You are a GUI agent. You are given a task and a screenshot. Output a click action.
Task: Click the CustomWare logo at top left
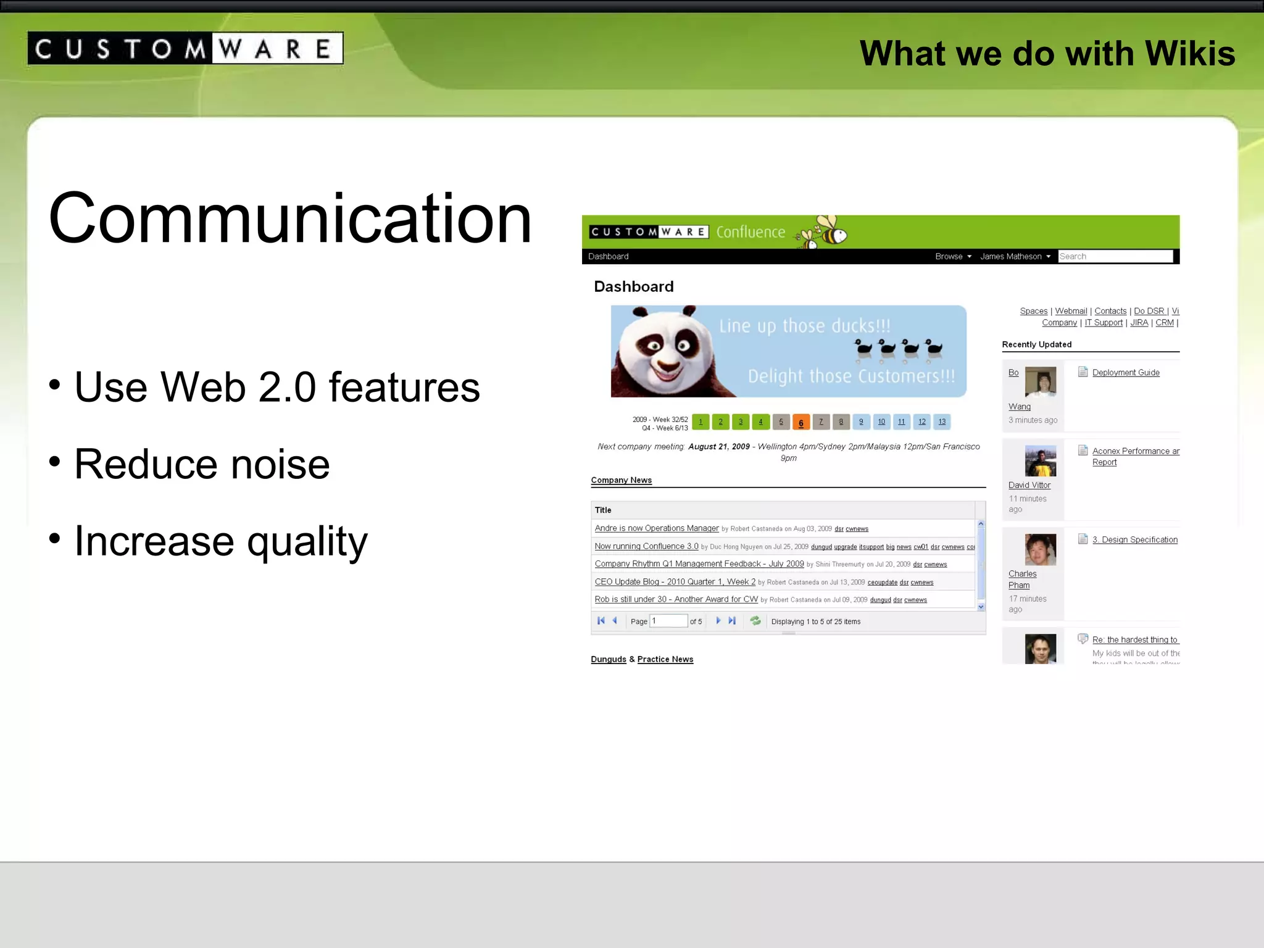coord(185,48)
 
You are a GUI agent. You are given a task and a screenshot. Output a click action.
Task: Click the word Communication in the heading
coord(290,218)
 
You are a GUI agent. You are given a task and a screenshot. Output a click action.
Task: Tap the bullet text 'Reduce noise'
coord(202,464)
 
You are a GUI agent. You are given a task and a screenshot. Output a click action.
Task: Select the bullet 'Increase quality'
coord(220,541)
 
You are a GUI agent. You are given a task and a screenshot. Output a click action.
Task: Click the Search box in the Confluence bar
coord(1115,256)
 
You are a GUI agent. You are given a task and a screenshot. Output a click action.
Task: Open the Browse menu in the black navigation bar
coord(952,256)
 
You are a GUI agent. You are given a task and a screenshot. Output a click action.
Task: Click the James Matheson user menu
coord(1014,256)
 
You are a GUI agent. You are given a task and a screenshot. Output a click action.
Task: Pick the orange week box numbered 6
coord(800,422)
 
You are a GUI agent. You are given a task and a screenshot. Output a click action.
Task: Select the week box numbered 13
coord(942,422)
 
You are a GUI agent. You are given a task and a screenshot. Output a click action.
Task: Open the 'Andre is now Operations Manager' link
coord(657,528)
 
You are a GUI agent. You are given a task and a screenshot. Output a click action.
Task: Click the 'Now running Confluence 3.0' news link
coord(646,546)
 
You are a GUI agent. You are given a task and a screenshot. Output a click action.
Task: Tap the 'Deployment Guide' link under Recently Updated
coord(1125,373)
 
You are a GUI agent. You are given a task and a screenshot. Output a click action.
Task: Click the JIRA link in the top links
coord(1139,323)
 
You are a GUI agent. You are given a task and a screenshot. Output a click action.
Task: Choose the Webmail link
coord(1071,311)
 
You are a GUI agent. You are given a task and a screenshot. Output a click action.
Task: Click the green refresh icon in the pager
coord(755,621)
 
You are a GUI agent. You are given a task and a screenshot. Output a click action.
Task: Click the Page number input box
coord(669,621)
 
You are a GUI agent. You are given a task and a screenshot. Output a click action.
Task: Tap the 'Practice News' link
coord(665,659)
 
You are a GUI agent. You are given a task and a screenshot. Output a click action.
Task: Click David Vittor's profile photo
coord(1041,461)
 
